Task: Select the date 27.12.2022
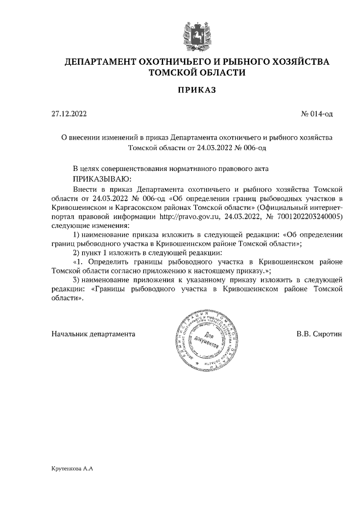pyautogui.click(x=69, y=114)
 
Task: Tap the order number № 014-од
pyautogui.click(x=317, y=114)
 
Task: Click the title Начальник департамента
pyautogui.click(x=93, y=334)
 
